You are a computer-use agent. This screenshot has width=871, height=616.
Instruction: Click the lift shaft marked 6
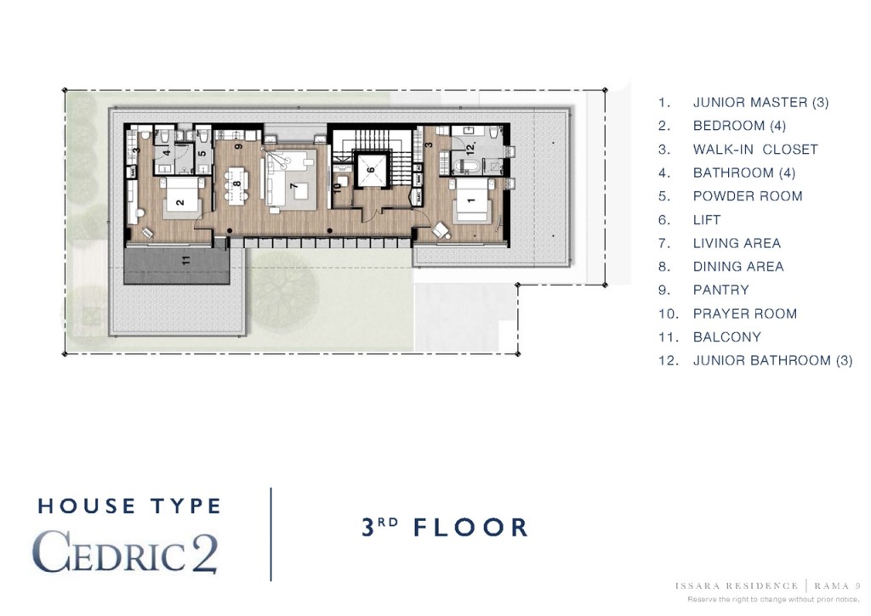[371, 171]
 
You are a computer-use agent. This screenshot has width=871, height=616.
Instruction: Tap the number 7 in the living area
[292, 184]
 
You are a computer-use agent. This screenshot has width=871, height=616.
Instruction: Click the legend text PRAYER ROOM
[744, 314]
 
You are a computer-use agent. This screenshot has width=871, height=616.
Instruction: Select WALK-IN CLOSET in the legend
[755, 150]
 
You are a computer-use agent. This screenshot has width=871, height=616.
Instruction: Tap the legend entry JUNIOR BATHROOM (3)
[772, 360]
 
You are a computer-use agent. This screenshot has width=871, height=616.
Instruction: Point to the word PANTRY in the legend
[720, 290]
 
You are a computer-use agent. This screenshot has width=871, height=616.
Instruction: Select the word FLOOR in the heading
[470, 527]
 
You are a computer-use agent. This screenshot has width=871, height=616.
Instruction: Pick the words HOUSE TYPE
[129, 506]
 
